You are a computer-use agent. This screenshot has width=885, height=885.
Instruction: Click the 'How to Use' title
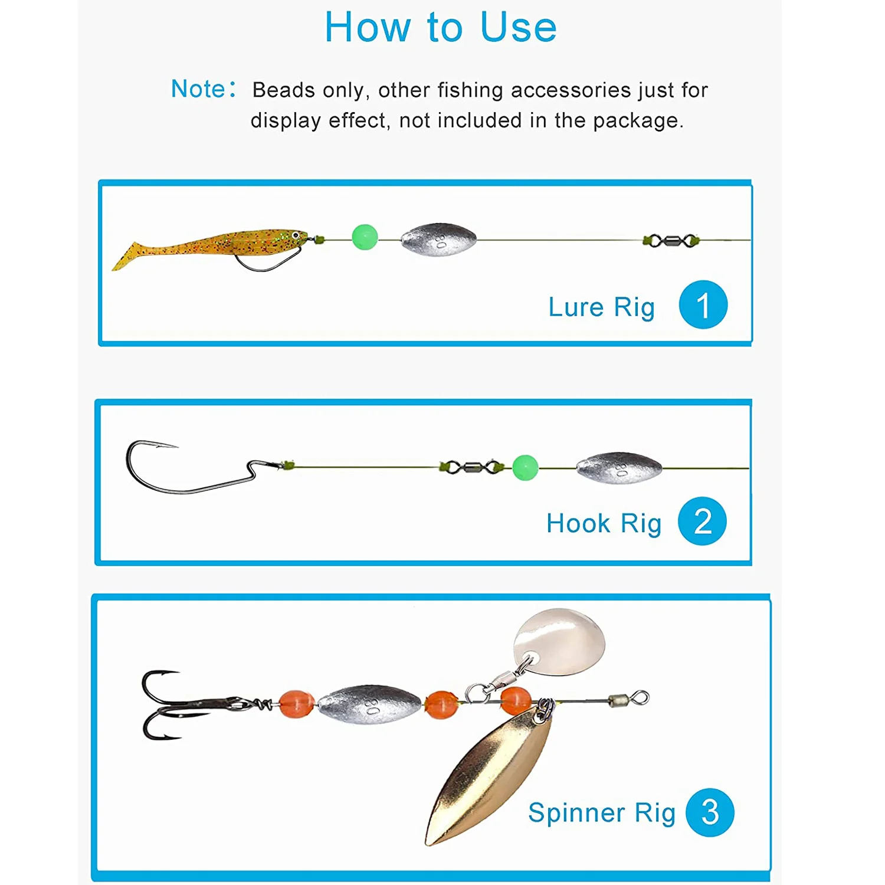tap(441, 28)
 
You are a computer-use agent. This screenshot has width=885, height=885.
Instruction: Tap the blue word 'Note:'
tap(203, 89)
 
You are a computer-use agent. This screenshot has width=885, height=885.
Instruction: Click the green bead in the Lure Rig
tap(365, 237)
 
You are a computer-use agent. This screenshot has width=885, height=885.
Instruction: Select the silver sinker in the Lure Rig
tap(438, 239)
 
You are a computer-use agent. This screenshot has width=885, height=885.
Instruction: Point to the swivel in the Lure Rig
tap(671, 241)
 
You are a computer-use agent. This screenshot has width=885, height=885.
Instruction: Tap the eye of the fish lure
tap(296, 235)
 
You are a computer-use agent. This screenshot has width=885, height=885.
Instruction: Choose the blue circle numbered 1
tap(703, 304)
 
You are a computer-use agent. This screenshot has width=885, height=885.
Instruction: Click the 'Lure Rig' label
tap(601, 307)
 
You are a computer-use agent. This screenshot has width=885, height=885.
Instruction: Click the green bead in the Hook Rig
tap(525, 467)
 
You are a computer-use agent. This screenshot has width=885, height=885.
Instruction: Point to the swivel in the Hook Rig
tap(471, 468)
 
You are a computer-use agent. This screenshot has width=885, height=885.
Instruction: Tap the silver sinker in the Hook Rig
tap(619, 468)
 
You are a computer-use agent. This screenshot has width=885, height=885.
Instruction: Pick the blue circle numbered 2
tap(702, 521)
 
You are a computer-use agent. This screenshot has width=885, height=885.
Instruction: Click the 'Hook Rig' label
tap(604, 523)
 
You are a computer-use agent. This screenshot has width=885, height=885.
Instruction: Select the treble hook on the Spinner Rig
tap(171, 704)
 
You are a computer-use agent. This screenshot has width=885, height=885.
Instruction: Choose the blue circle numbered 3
tap(710, 812)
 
